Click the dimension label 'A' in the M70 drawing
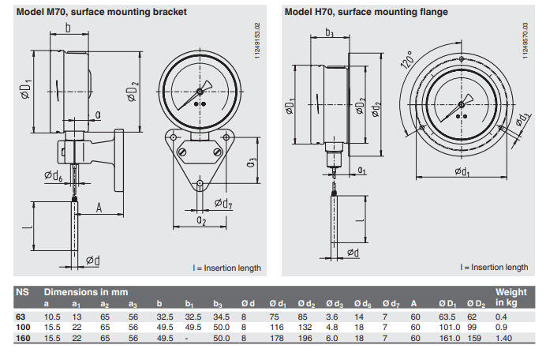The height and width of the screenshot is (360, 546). coord(99,208)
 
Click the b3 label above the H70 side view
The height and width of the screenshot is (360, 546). coord(330,33)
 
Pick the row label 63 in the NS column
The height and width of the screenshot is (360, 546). coord(22,316)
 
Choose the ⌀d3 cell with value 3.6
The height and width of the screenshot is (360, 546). coord(332,316)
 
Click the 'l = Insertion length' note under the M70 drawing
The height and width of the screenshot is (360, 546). coord(227,268)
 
